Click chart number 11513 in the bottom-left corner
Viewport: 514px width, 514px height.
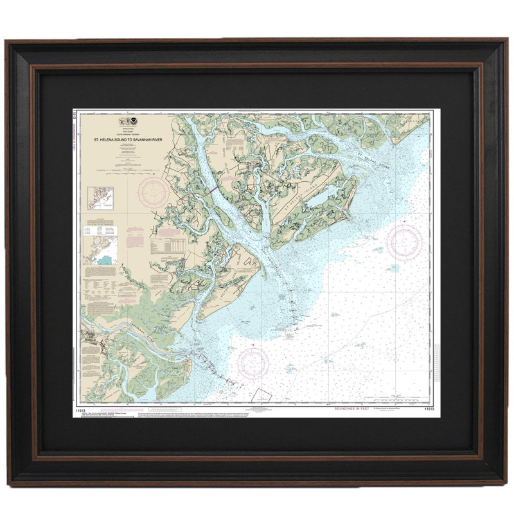[82, 408]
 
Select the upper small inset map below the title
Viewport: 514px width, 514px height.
[101, 198]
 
